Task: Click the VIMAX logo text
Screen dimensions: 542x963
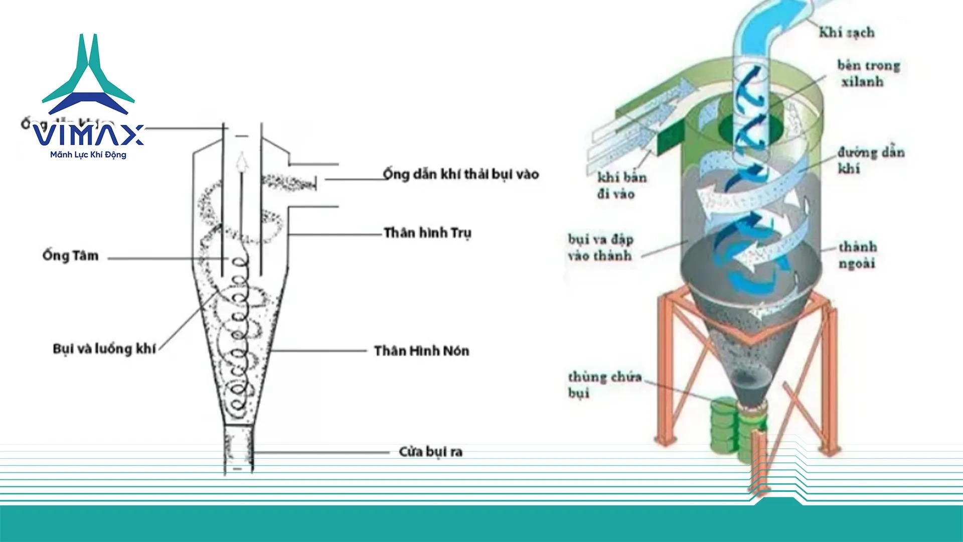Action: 88,134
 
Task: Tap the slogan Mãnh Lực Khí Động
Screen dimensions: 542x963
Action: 88,155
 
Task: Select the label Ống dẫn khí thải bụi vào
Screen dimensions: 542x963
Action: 460,174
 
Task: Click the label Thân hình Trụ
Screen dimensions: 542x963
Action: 427,233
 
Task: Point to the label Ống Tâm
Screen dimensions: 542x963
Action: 71,255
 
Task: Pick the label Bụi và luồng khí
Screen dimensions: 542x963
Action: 104,349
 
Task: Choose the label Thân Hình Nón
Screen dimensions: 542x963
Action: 421,351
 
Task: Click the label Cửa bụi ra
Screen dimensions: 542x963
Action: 430,452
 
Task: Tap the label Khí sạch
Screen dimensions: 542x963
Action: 847,33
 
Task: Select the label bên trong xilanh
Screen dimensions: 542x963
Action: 868,73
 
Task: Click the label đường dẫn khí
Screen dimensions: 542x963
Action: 871,160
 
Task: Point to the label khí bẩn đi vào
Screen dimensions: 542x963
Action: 621,185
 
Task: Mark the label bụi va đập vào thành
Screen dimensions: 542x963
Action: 600,247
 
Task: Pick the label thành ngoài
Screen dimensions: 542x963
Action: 858,254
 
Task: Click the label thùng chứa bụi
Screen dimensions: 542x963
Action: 604,384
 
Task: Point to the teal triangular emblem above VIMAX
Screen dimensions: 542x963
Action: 88,75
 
